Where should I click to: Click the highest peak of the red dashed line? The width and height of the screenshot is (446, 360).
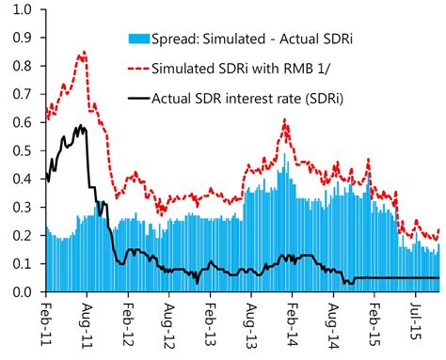(84, 53)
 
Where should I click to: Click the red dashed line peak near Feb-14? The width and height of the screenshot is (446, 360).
(285, 120)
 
